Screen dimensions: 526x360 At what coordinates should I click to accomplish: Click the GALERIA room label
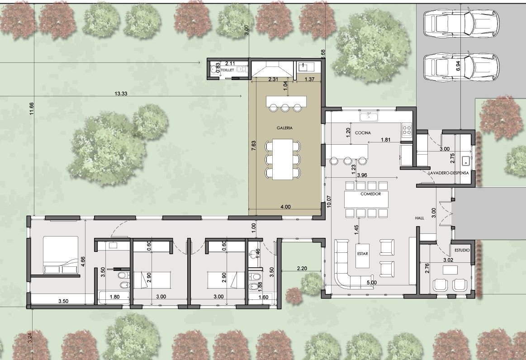pyautogui.click(x=284, y=128)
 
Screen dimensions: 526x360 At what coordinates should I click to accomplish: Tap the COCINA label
pyautogui.click(x=363, y=133)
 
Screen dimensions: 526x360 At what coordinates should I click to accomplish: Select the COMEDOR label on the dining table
pyautogui.click(x=371, y=194)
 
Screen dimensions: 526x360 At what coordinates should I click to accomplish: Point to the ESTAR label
pyautogui.click(x=362, y=254)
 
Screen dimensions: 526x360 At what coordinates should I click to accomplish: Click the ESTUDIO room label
pyautogui.click(x=462, y=250)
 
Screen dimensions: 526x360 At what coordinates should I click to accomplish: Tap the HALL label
pyautogui.click(x=419, y=218)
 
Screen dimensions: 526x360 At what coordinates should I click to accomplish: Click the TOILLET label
pyautogui.click(x=227, y=70)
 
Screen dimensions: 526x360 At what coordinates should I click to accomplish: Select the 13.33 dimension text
pyautogui.click(x=121, y=94)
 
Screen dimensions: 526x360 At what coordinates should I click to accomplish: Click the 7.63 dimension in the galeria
pyautogui.click(x=253, y=147)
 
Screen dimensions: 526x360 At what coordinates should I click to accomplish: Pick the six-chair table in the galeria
pyautogui.click(x=283, y=159)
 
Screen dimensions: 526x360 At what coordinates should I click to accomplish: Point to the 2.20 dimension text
pyautogui.click(x=302, y=268)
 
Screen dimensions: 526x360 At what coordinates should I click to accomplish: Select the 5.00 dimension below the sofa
pyautogui.click(x=371, y=283)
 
